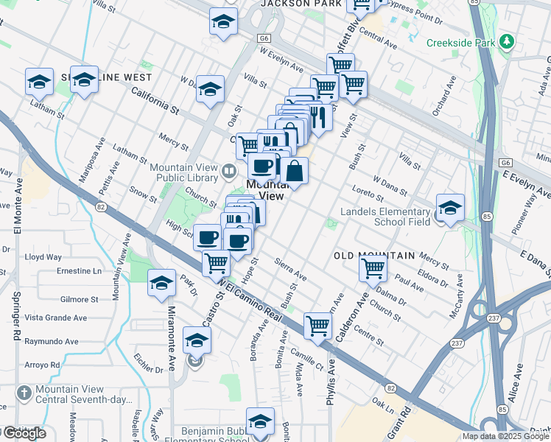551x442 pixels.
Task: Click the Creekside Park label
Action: pyautogui.click(x=462, y=43)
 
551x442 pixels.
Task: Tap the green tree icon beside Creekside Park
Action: pyautogui.click(x=506, y=42)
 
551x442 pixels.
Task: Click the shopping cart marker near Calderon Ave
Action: pyautogui.click(x=373, y=269)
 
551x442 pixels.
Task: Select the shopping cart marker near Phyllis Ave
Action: pyautogui.click(x=317, y=324)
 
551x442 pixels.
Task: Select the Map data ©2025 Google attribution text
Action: pyautogui.click(x=505, y=436)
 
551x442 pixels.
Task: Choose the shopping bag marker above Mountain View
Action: pyautogui.click(x=294, y=172)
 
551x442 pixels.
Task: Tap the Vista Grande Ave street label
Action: pyautogui.click(x=56, y=318)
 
